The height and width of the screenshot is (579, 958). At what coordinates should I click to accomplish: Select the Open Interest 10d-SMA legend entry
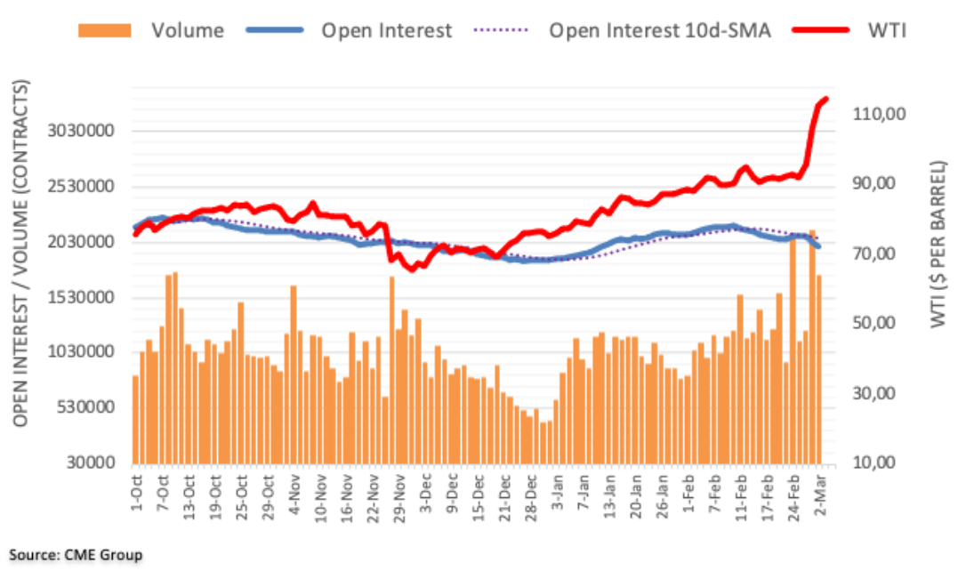point(658,30)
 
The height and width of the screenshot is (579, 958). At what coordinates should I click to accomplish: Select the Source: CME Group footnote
point(76,555)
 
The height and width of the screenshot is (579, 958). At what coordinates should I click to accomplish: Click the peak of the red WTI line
point(825,99)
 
